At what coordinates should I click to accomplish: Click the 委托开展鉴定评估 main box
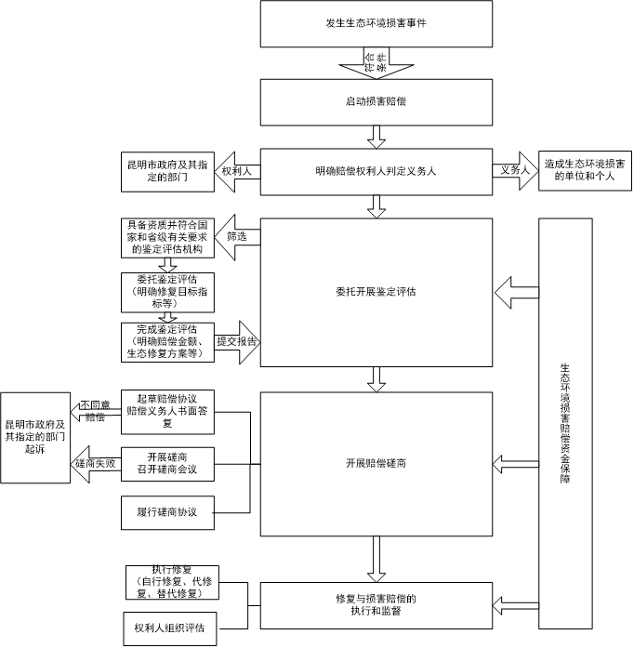[x=376, y=292]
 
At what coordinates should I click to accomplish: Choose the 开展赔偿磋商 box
[x=376, y=462]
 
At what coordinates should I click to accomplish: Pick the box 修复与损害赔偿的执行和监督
[x=376, y=603]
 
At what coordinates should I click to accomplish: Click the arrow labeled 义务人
[x=515, y=171]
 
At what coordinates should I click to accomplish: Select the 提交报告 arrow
[x=237, y=341]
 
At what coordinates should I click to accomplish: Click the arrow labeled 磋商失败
[x=95, y=463]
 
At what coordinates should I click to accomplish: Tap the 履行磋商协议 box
[x=168, y=512]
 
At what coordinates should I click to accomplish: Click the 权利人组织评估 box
[x=168, y=628]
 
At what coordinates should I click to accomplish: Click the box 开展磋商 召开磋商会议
[x=168, y=463]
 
